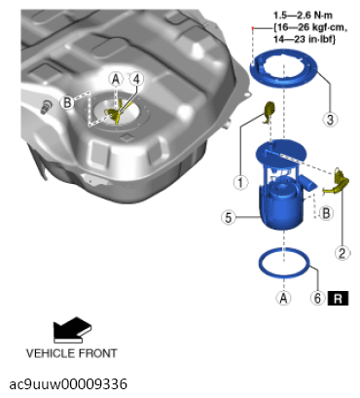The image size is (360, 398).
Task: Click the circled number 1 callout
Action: click(240, 182)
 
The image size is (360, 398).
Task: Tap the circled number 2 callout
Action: click(342, 252)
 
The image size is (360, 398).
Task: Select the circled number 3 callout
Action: click(330, 119)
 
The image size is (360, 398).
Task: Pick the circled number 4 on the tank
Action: click(136, 79)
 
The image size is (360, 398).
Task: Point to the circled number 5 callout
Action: click(229, 217)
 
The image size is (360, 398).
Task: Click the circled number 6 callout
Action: click(318, 298)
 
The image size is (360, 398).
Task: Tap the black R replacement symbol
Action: click(338, 298)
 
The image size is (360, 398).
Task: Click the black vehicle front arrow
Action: click(73, 330)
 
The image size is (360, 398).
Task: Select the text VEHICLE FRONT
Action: click(72, 353)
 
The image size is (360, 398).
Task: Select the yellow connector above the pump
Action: click(270, 111)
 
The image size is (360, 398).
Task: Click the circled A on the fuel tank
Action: click(116, 79)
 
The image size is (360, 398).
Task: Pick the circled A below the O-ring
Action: click(283, 298)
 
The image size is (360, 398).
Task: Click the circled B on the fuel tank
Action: click(67, 102)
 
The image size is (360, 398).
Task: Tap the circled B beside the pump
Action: click(326, 213)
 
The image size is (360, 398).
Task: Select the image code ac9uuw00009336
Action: click(68, 384)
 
